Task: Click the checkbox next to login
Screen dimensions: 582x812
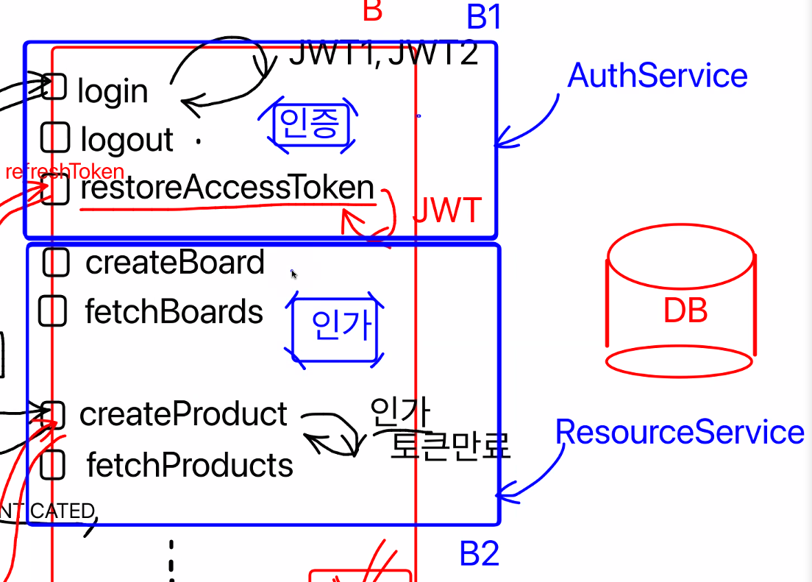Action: (54, 86)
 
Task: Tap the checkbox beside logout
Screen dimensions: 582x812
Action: (55, 137)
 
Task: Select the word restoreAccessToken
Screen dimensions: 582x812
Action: (227, 188)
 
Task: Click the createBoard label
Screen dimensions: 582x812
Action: (175, 263)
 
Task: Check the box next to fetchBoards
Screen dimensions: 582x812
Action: (52, 311)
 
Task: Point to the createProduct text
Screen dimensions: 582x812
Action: (183, 414)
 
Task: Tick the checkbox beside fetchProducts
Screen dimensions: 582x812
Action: (52, 464)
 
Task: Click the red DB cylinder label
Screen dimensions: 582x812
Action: (685, 311)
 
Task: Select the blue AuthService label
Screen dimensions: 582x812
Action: (658, 76)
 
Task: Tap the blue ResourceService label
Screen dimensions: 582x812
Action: (680, 432)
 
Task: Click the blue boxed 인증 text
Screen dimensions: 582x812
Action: (309, 124)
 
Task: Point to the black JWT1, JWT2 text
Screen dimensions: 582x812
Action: (383, 53)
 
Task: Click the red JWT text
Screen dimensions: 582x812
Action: (447, 211)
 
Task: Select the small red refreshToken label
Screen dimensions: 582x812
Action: (65, 172)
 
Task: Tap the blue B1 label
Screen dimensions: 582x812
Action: (483, 17)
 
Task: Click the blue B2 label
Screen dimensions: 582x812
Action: (480, 554)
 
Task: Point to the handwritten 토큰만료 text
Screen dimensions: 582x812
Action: (449, 444)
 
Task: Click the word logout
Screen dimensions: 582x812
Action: (127, 140)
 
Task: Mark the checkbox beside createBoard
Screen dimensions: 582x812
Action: (56, 263)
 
